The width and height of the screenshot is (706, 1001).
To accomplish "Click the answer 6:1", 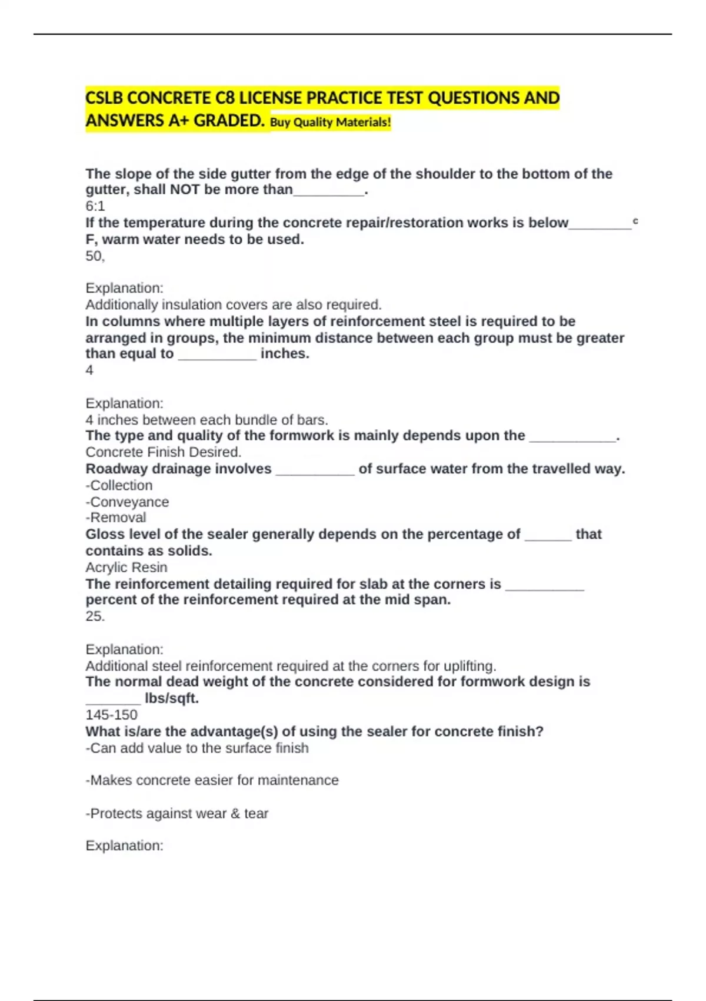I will (95, 206).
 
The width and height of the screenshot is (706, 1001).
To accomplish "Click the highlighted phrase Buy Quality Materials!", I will (330, 122).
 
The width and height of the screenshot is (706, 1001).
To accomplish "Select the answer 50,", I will (95, 256).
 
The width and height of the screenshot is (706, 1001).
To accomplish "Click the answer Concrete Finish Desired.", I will (164, 452).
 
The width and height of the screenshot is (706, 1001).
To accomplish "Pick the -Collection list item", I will (119, 485).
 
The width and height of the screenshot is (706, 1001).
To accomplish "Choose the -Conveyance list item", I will (127, 502).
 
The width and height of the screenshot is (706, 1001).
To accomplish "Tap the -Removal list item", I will (116, 518).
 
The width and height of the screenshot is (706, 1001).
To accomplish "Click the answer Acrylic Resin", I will (126, 567).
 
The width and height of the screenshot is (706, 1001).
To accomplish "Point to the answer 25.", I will (95, 616).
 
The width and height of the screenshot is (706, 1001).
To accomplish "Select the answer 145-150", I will (112, 715).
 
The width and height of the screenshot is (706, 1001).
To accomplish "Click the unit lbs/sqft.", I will (172, 698).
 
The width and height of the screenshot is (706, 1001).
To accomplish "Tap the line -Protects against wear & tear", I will (177, 813).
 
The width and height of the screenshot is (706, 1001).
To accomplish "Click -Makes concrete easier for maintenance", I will (212, 780).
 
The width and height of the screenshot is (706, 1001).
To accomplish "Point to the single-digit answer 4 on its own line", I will (89, 370).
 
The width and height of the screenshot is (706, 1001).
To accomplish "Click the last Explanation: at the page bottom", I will (125, 846).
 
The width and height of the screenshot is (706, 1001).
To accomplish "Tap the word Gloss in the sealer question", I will (104, 534).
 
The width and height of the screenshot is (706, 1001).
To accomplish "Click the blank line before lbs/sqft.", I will (114, 701).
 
